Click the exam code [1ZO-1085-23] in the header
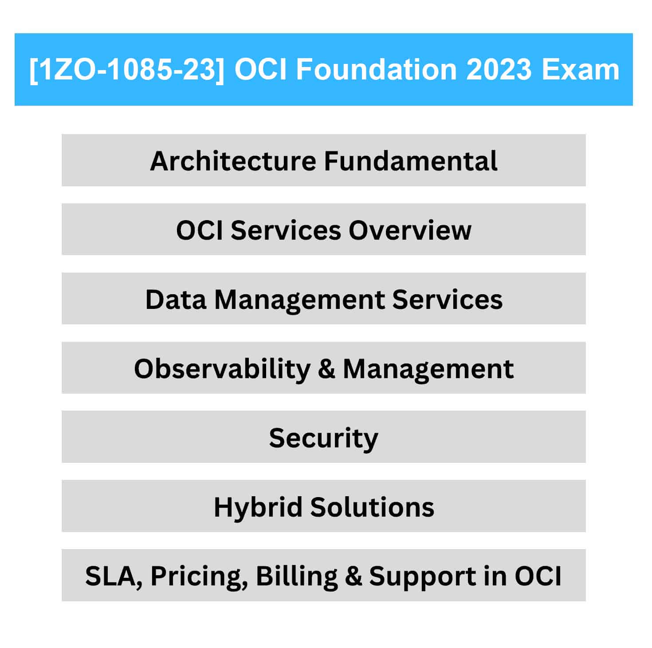pos(127,69)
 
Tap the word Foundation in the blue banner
pos(375,69)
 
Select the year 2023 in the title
pos(499,69)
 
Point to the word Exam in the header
pos(581,69)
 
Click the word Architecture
pos(233,161)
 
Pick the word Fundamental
pos(411,161)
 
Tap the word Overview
pos(410,230)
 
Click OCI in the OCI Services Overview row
pos(200,230)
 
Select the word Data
pos(176,300)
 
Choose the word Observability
pos(222,370)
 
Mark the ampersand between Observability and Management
pos(326,369)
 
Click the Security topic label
pos(323,439)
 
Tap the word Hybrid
pos(258,508)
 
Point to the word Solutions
pos(372,507)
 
